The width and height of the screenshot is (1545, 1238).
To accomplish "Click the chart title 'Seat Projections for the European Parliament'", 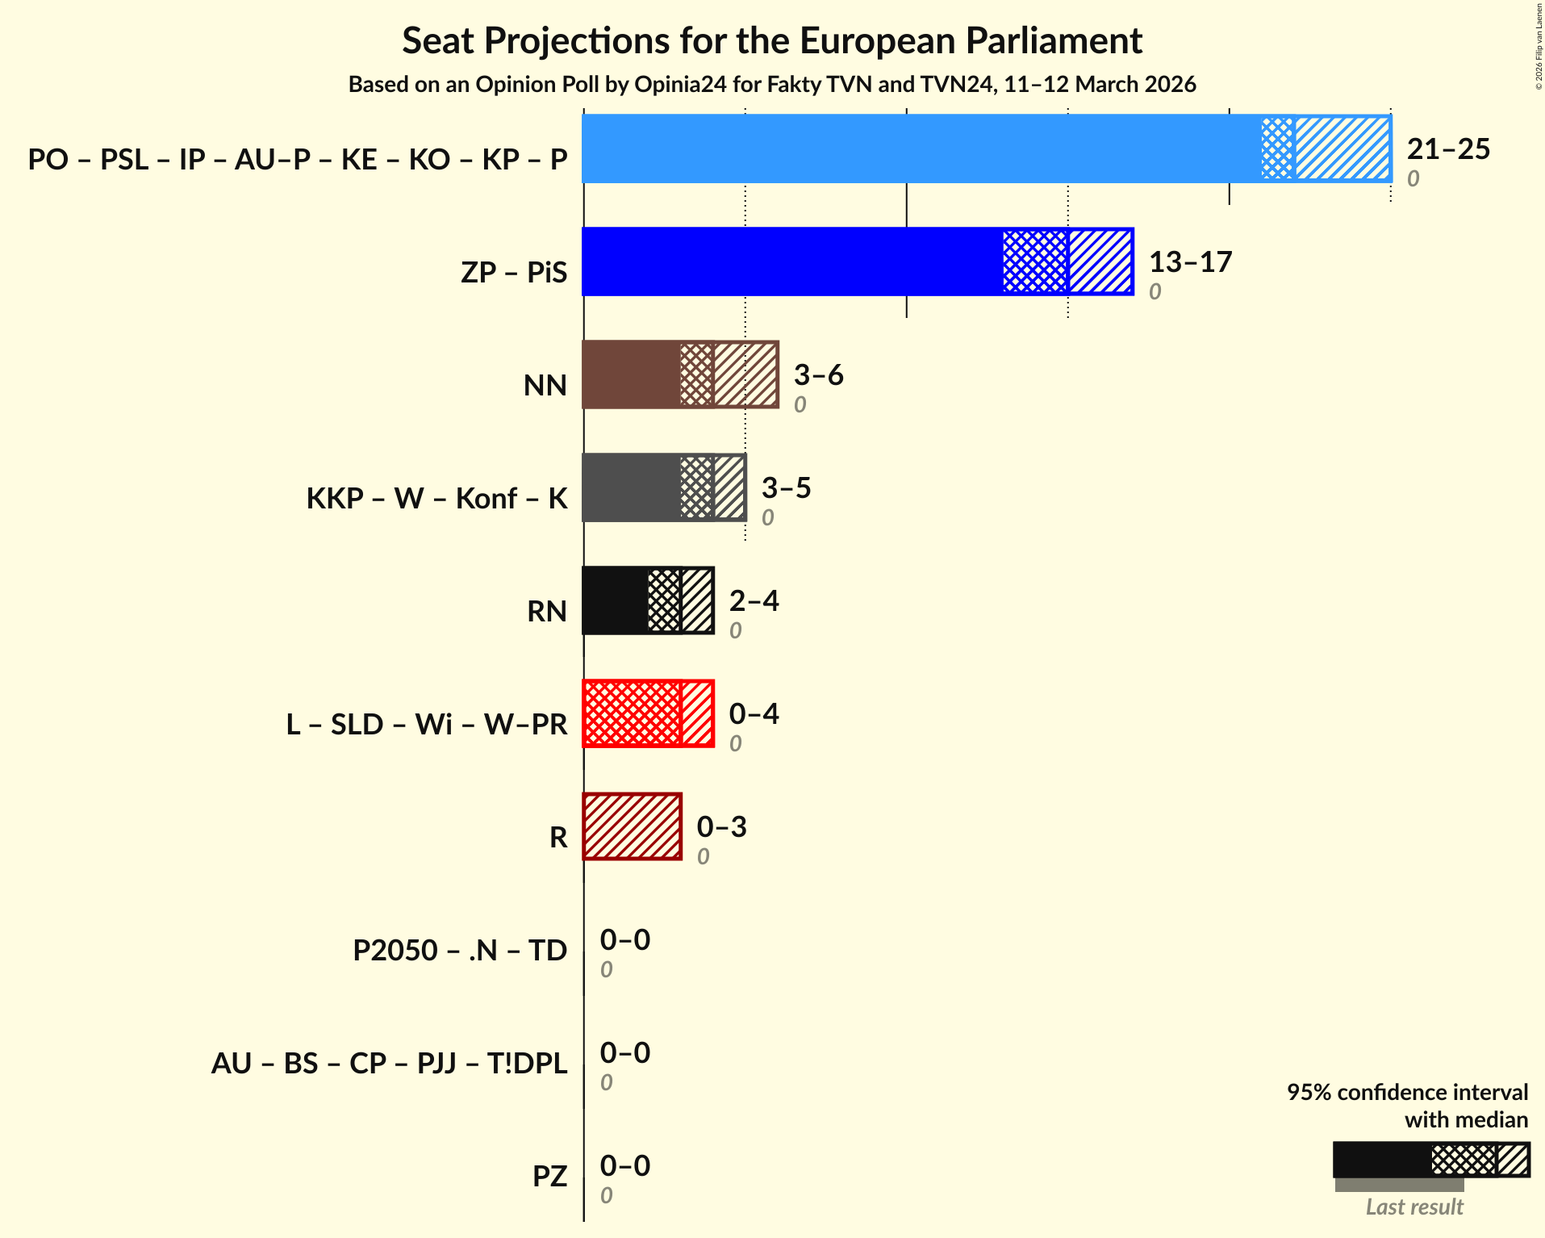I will coord(772,41).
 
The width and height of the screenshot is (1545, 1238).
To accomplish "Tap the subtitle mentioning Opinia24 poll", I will coord(772,85).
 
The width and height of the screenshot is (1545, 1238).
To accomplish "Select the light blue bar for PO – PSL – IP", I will coord(920,148).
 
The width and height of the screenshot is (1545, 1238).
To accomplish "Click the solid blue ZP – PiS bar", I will coord(791,261).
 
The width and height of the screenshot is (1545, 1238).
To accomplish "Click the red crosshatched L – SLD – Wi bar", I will coord(632,713).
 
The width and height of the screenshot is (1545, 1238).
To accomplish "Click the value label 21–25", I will coord(1448,149).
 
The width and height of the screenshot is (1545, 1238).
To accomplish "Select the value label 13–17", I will coord(1190,262).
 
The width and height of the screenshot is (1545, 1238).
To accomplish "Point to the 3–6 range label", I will coord(818,375).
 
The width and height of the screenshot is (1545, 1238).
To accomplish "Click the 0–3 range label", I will coord(721,827).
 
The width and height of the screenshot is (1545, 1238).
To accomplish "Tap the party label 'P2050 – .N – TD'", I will coord(460,950).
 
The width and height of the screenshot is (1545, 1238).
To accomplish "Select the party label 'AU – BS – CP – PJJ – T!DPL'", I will coord(389,1063).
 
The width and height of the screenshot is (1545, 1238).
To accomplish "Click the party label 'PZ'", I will coord(549,1176).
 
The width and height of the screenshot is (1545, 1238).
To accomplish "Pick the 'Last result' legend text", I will coord(1413,1207).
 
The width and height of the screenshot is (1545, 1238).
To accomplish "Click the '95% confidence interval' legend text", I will coord(1407,1092).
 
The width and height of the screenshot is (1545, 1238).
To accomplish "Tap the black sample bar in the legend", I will coord(1381,1160).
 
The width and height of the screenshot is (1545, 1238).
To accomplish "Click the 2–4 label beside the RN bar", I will coord(754,601).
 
